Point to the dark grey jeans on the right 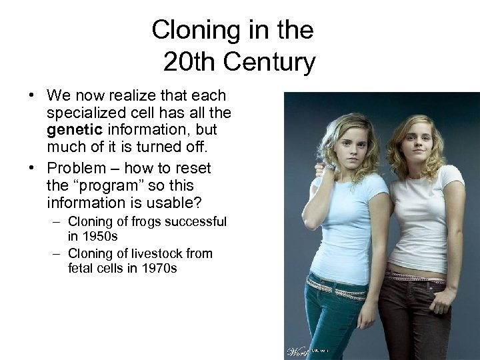[x=417, y=320]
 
